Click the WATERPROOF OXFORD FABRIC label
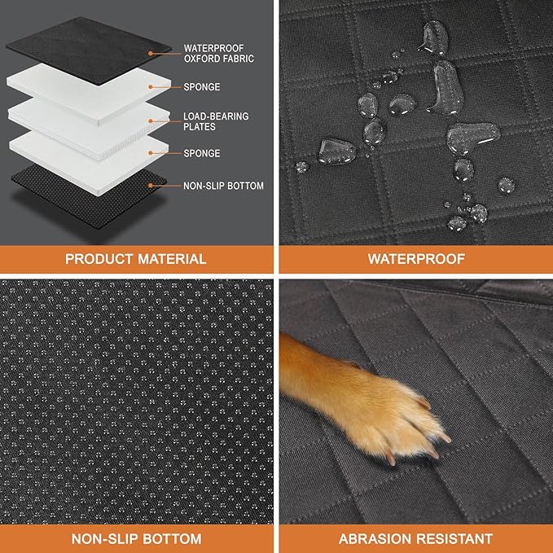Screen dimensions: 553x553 click(x=218, y=53)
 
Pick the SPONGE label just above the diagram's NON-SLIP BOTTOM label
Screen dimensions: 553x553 click(x=201, y=153)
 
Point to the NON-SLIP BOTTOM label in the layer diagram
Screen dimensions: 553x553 click(x=224, y=186)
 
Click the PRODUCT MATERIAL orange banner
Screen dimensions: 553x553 click(x=136, y=259)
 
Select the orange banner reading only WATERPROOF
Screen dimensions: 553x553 click(x=415, y=259)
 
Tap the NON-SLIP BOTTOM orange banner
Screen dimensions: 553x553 click(x=136, y=538)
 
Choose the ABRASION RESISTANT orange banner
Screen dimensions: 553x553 click(x=415, y=538)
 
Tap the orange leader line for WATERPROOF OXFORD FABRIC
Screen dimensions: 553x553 click(x=161, y=51)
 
